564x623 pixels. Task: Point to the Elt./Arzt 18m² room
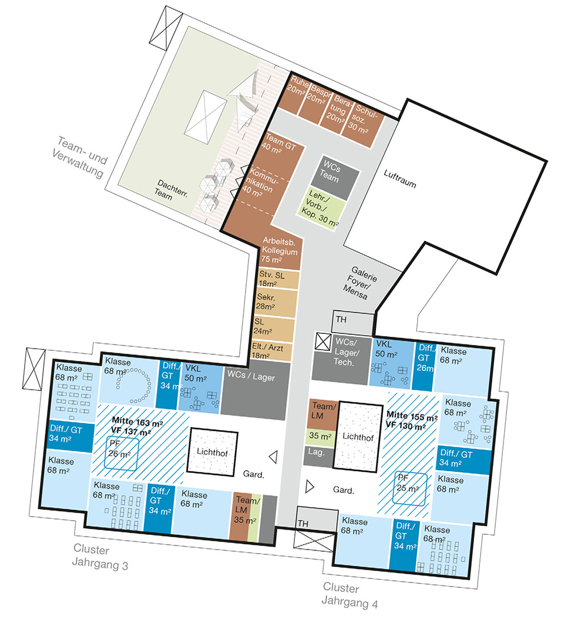pos(271,352)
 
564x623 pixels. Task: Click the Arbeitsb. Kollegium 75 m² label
pos(279,250)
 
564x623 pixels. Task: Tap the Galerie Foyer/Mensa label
pos(360,283)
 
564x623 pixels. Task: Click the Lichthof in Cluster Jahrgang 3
pos(212,451)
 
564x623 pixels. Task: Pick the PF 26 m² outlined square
pos(122,453)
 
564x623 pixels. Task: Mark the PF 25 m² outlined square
pos(410,488)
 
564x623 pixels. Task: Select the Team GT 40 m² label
pos(279,143)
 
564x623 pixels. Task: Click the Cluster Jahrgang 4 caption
pos(350,595)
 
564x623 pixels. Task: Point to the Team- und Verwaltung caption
pos(80,158)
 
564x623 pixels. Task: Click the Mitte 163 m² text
pos(137,421)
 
